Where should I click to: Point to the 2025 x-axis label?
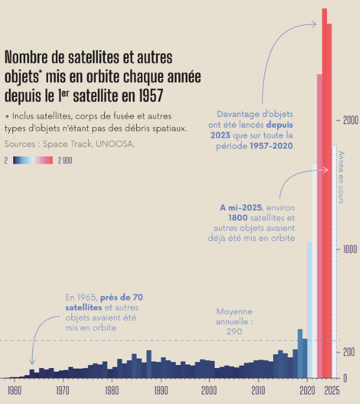point(332,390)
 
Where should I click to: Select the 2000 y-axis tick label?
point(350,120)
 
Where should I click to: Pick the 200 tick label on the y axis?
point(349,352)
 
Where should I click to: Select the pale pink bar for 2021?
point(314,270)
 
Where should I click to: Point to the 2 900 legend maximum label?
point(65,160)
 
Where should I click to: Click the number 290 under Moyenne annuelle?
point(234,331)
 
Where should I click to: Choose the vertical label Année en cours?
point(342,177)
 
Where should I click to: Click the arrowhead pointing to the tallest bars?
point(314,24)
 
